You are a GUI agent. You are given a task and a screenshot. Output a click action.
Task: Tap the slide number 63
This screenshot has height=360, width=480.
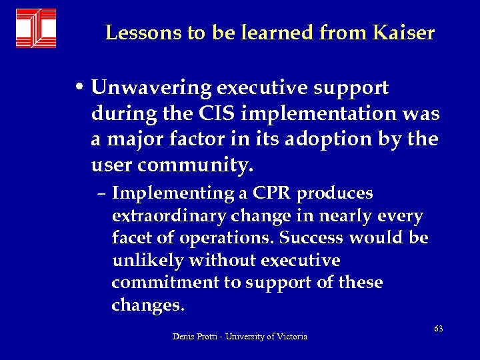(x=438, y=329)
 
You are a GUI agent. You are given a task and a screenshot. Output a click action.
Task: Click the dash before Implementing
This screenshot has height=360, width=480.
(x=105, y=195)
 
